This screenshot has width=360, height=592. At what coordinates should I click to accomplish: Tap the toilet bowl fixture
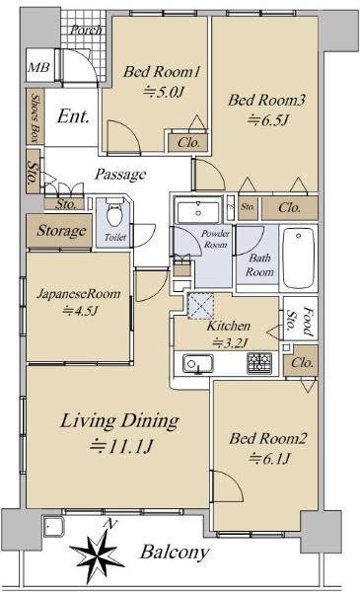[114, 212]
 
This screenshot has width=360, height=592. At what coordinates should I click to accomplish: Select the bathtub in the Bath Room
[298, 258]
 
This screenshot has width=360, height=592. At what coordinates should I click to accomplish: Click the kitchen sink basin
[198, 364]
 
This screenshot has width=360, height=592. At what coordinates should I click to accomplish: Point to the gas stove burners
[259, 363]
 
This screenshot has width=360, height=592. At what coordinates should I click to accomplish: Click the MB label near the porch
[38, 68]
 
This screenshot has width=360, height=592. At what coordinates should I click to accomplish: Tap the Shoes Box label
[36, 116]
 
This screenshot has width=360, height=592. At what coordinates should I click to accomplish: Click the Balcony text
[175, 553]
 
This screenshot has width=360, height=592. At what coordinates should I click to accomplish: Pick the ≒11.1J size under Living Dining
[121, 447]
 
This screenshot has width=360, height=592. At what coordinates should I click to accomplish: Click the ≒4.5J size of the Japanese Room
[80, 311]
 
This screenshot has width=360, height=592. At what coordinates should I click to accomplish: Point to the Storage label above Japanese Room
[61, 230]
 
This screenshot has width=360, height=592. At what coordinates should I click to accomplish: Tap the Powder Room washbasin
[198, 212]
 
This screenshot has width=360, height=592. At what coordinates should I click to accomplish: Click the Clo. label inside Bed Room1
[188, 143]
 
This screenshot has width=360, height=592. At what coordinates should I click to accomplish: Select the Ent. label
[73, 116]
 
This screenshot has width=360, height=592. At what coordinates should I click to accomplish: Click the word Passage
[120, 174]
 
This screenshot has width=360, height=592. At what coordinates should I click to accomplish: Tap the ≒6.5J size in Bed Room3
[268, 120]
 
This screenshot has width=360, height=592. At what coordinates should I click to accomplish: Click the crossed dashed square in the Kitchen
[200, 306]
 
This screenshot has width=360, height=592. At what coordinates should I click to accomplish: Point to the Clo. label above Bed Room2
[302, 363]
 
